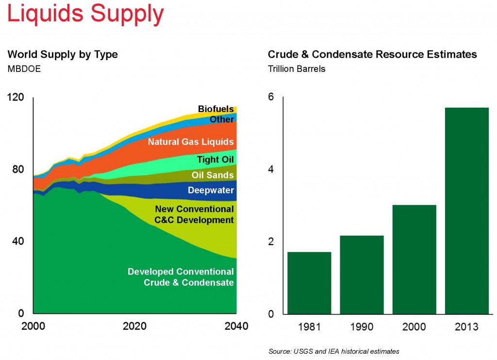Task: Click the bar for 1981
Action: [x=309, y=283]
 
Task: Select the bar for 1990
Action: [x=362, y=275]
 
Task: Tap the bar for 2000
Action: [x=414, y=260]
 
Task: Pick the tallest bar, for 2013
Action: [x=466, y=211]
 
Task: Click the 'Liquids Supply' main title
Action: [x=85, y=14]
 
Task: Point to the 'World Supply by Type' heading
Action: [x=63, y=54]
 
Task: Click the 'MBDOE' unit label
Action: [x=24, y=68]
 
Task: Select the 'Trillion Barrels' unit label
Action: [x=297, y=68]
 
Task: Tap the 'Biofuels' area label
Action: [x=215, y=109]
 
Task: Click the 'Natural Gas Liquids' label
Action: [x=191, y=142]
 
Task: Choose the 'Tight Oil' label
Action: [x=215, y=160]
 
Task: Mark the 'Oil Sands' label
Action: [x=213, y=175]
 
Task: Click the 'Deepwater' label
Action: [x=211, y=191]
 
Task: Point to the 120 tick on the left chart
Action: [x=15, y=98]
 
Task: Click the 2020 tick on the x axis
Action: [x=135, y=326]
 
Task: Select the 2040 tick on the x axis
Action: [x=235, y=326]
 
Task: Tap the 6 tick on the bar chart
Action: [x=271, y=98]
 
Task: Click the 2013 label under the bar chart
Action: [x=466, y=327]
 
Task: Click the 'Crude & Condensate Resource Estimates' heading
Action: [x=372, y=54]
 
